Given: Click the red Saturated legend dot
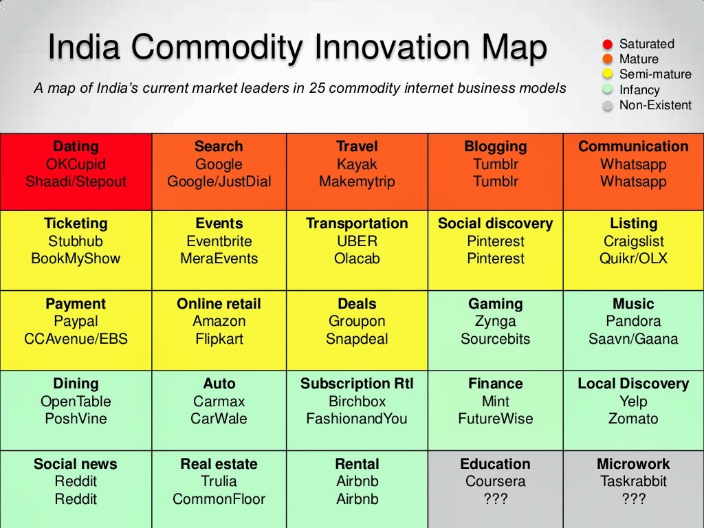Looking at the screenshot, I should [x=608, y=45].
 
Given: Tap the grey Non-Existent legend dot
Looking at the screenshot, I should [x=608, y=107].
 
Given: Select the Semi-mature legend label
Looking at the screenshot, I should [x=655, y=74].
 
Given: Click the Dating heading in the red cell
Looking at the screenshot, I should [x=76, y=146].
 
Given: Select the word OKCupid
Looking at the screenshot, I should [x=76, y=164].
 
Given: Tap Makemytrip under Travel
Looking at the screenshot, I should [x=357, y=182].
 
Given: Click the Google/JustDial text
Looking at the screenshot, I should [x=219, y=182].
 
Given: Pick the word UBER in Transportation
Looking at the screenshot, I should [x=357, y=241].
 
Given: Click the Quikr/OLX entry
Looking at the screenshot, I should [x=633, y=259].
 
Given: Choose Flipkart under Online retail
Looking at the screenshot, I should [x=219, y=339].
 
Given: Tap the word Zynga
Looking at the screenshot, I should [x=495, y=321].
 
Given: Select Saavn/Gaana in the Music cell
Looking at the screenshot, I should [x=633, y=339].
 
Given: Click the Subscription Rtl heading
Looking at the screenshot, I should [x=357, y=384].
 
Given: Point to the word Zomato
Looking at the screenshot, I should [x=633, y=419].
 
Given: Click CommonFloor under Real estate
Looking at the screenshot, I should [x=219, y=499].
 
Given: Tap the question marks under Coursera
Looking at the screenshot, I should [x=495, y=499].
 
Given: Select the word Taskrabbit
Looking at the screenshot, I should [x=633, y=481].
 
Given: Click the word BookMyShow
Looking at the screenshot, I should [x=76, y=259].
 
